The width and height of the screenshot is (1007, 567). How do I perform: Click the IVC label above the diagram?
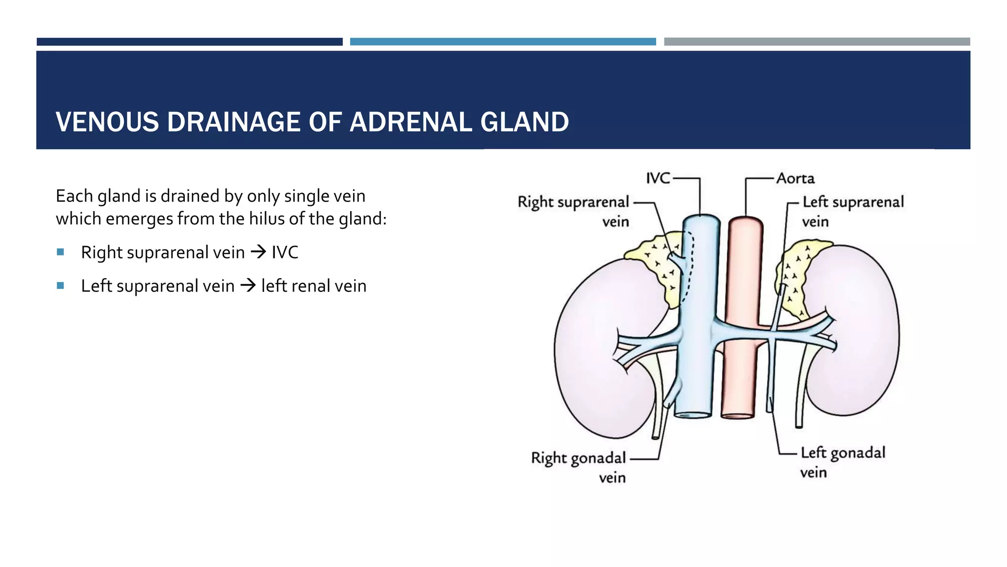658,178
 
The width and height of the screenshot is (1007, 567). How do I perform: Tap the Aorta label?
795,178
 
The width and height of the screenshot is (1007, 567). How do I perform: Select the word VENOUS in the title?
107,122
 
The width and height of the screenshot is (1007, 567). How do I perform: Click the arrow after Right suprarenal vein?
258,252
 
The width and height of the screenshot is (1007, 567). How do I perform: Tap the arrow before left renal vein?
248,285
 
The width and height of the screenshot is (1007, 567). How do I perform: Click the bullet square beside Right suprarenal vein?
60,252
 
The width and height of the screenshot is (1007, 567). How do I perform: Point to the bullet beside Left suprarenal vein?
60,285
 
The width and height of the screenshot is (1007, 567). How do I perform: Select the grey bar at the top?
816,42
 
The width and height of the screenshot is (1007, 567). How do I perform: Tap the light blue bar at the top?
503,42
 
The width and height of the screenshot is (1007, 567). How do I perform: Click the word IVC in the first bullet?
285,252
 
